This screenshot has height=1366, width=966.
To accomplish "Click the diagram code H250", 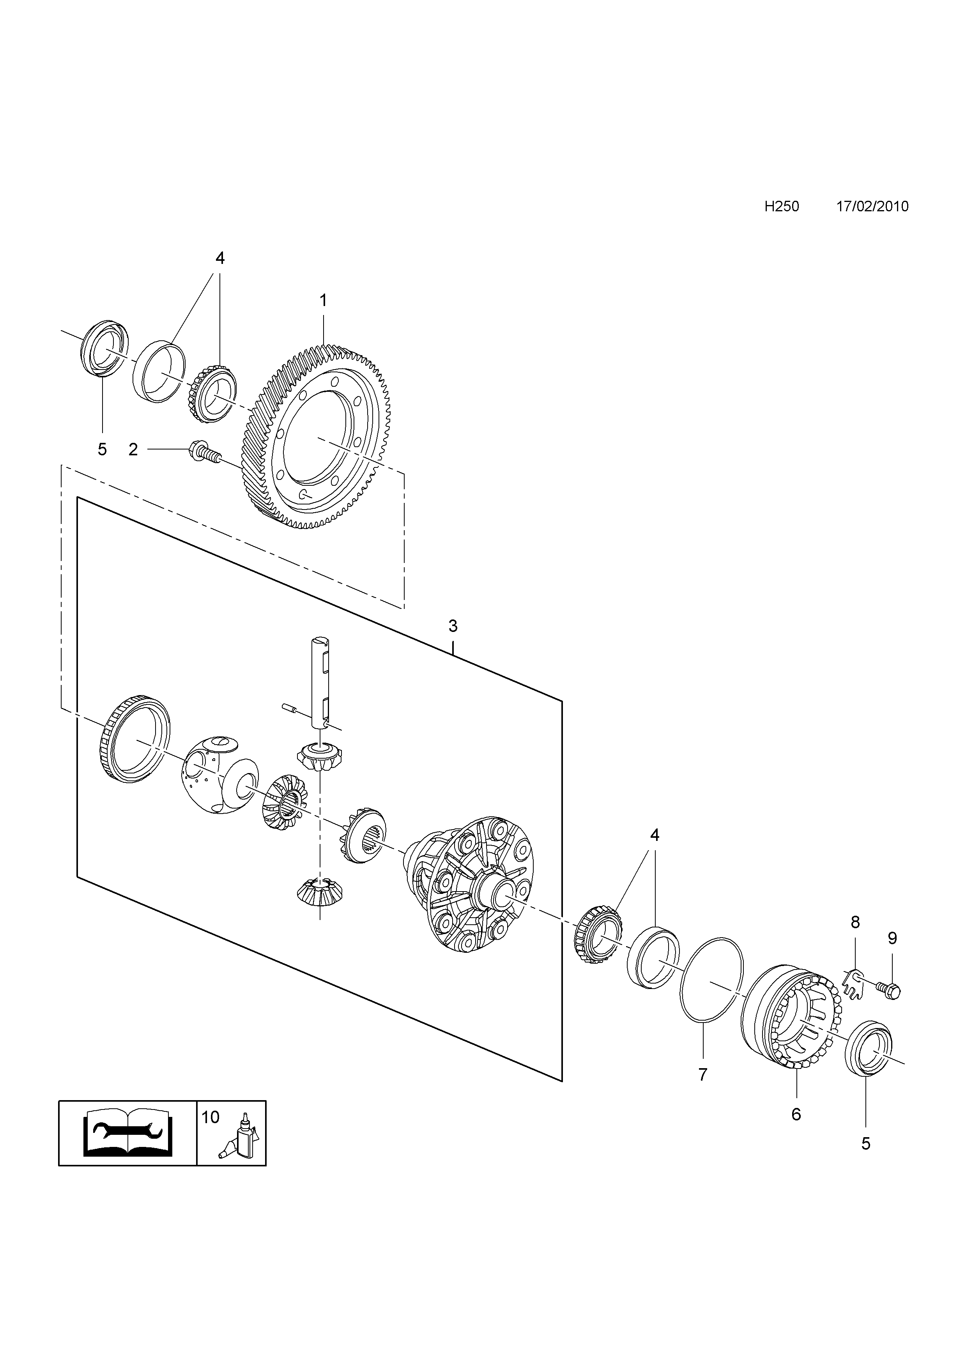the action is tap(782, 207).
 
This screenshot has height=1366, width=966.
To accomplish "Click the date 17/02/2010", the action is tap(872, 207).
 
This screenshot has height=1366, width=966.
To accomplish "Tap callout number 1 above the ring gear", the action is tap(323, 301).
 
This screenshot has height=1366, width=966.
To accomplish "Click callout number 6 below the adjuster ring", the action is tap(796, 1114).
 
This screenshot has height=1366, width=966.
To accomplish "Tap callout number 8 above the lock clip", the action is tap(855, 923).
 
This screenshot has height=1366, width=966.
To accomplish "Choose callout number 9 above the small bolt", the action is tap(892, 938).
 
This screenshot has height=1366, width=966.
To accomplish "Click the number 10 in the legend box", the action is tap(211, 1117).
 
